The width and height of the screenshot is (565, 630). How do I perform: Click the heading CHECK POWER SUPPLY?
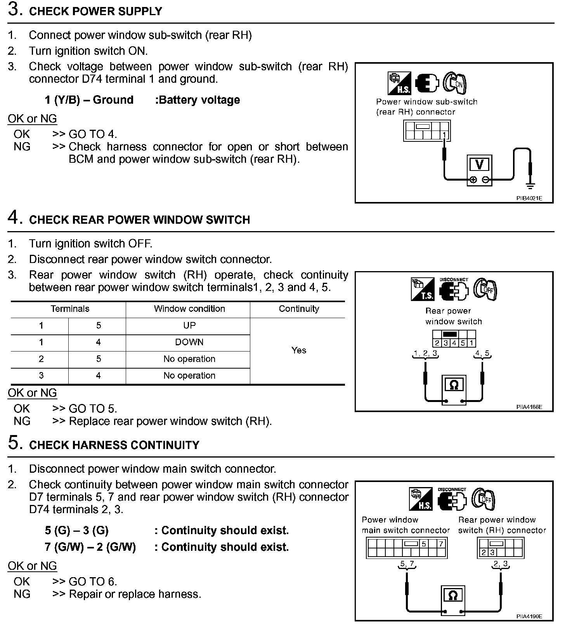click(x=95, y=11)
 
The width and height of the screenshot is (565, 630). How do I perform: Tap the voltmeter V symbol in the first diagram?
click(x=479, y=165)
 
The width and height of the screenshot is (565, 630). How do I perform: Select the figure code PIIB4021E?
click(x=529, y=198)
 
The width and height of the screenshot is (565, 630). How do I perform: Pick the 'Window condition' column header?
click(x=189, y=309)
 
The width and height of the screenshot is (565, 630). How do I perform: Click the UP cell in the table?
click(x=189, y=325)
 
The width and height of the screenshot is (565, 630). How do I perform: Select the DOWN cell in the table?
click(x=189, y=342)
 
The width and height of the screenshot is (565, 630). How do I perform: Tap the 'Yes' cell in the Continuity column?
click(x=298, y=350)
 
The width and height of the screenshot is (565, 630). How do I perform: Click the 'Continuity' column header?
click(x=299, y=309)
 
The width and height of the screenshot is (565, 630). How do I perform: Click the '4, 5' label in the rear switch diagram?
click(x=482, y=353)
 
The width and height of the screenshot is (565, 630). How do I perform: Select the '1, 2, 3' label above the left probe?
click(x=425, y=353)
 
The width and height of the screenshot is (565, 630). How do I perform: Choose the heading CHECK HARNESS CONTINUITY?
click(x=114, y=445)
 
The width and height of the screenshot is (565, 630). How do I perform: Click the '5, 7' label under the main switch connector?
click(x=407, y=564)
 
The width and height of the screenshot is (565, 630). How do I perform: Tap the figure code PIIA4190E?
click(x=529, y=616)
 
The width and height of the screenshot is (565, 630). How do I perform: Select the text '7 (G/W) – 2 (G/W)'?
click(x=90, y=547)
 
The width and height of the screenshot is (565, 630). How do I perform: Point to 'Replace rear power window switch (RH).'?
click(x=170, y=421)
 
